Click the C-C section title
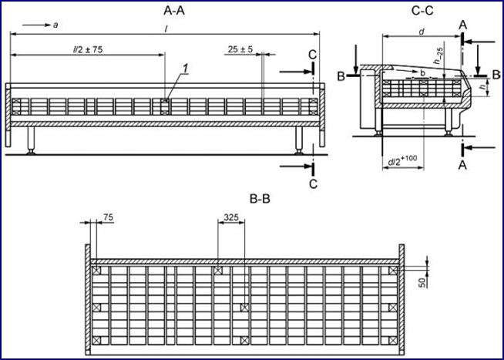coord(422,10)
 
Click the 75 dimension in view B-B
coord(108,219)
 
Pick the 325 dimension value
coord(230,219)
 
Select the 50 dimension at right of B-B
coord(422,283)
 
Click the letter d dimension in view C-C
coord(422,32)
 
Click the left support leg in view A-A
coord(32,140)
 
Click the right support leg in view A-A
coord(299,140)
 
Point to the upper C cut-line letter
coord(311,54)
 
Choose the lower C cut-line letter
coord(312,183)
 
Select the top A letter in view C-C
coord(462,25)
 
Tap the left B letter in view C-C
coord(340,75)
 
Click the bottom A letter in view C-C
coord(462,163)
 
